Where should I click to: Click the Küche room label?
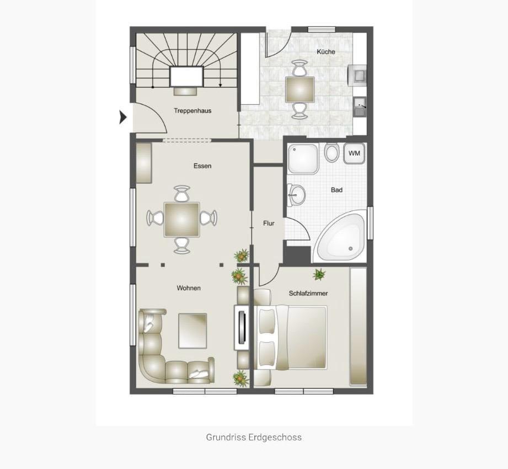click(x=325, y=52)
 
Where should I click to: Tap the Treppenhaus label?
click(x=192, y=111)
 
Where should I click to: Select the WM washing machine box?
click(x=354, y=153)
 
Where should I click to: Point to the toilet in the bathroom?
click(x=331, y=153)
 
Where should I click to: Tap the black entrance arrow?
click(x=123, y=117)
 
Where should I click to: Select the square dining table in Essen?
click(x=181, y=219)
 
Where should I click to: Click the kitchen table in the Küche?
click(x=300, y=89)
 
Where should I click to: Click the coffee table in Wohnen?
click(x=192, y=331)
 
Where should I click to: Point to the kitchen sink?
click(x=360, y=105)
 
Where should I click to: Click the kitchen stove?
click(x=356, y=74)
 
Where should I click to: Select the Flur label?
click(x=269, y=223)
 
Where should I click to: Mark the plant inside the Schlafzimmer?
click(x=319, y=274)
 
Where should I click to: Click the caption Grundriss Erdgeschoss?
click(x=254, y=437)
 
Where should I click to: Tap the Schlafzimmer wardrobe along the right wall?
click(x=358, y=327)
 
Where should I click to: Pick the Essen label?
click(x=202, y=166)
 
